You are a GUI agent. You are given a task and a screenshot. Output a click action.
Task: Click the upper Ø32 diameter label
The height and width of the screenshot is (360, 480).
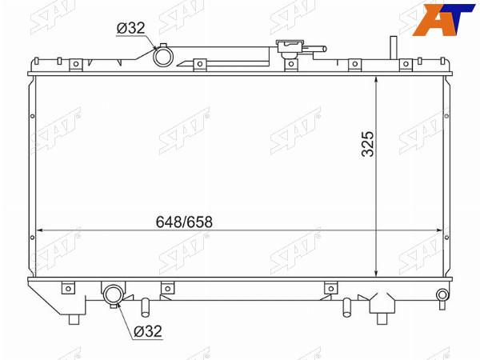click(x=130, y=28)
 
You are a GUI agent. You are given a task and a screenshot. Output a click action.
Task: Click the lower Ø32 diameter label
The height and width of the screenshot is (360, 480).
click(x=148, y=331)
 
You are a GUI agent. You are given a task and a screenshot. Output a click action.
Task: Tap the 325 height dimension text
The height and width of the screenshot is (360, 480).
click(x=368, y=144)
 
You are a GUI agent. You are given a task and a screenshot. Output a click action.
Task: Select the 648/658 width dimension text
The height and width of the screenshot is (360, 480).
click(x=184, y=222)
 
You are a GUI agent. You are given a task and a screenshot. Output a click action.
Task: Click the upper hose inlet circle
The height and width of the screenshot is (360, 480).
click(x=163, y=57)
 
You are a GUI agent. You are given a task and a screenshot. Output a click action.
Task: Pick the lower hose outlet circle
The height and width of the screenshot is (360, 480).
click(x=114, y=294)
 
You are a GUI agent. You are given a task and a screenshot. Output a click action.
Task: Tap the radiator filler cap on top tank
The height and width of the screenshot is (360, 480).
click(x=290, y=49)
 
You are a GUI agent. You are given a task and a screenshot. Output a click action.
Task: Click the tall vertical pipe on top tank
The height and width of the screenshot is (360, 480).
click(x=394, y=48)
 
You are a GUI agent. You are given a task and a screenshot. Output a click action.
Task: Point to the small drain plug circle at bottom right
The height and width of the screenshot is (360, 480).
click(x=442, y=294)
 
